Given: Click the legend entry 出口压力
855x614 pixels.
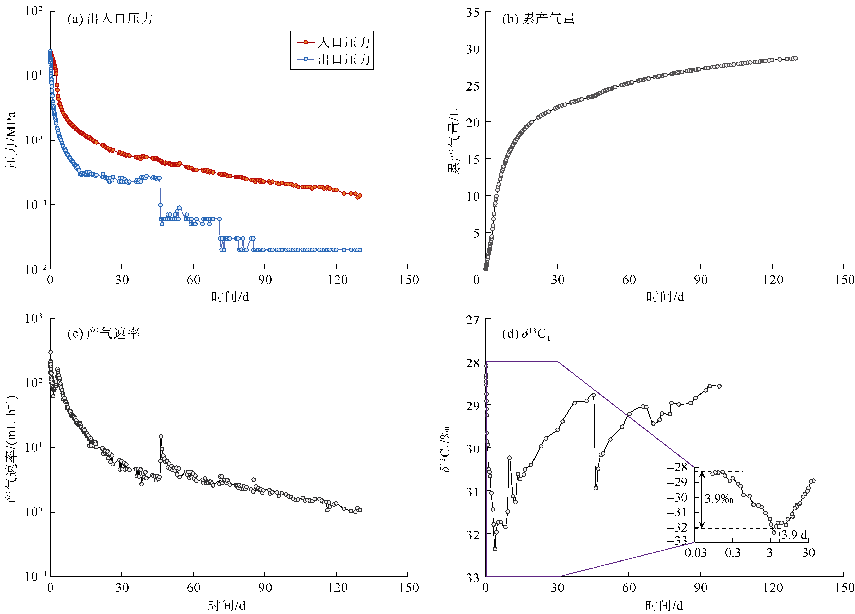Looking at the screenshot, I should pyautogui.click(x=343, y=60).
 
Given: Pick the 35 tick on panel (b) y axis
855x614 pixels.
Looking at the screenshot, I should pyautogui.click(x=472, y=12).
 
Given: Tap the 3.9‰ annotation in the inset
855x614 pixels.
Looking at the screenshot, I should pyautogui.click(x=719, y=499).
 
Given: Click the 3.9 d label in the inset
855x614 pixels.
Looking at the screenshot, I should pyautogui.click(x=794, y=534).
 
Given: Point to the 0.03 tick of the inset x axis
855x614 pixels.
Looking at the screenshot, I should pyautogui.click(x=695, y=553).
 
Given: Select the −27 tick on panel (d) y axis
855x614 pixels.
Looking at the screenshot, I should pyautogui.click(x=469, y=320).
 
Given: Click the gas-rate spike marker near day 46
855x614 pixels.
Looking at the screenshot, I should pyautogui.click(x=161, y=436).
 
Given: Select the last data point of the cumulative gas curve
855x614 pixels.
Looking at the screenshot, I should pyautogui.click(x=795, y=58).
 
